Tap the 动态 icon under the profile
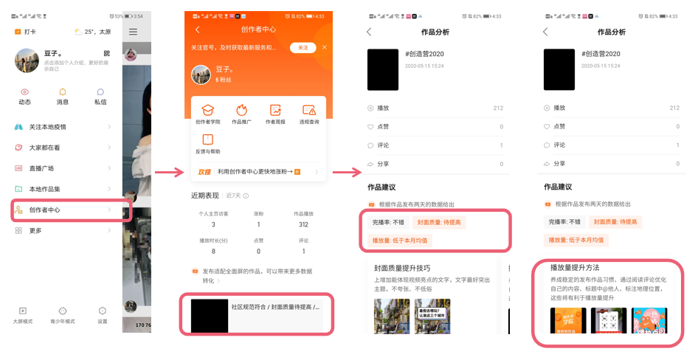pyautogui.click(x=24, y=96)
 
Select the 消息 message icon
pyautogui.click(x=63, y=96)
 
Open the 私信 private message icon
pyautogui.click(x=100, y=96)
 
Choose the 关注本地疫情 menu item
pyautogui.click(x=47, y=127)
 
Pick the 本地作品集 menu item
pyautogui.click(x=45, y=190)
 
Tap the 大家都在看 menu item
pyautogui.click(x=45, y=148)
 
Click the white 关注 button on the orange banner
pyautogui.click(x=303, y=47)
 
